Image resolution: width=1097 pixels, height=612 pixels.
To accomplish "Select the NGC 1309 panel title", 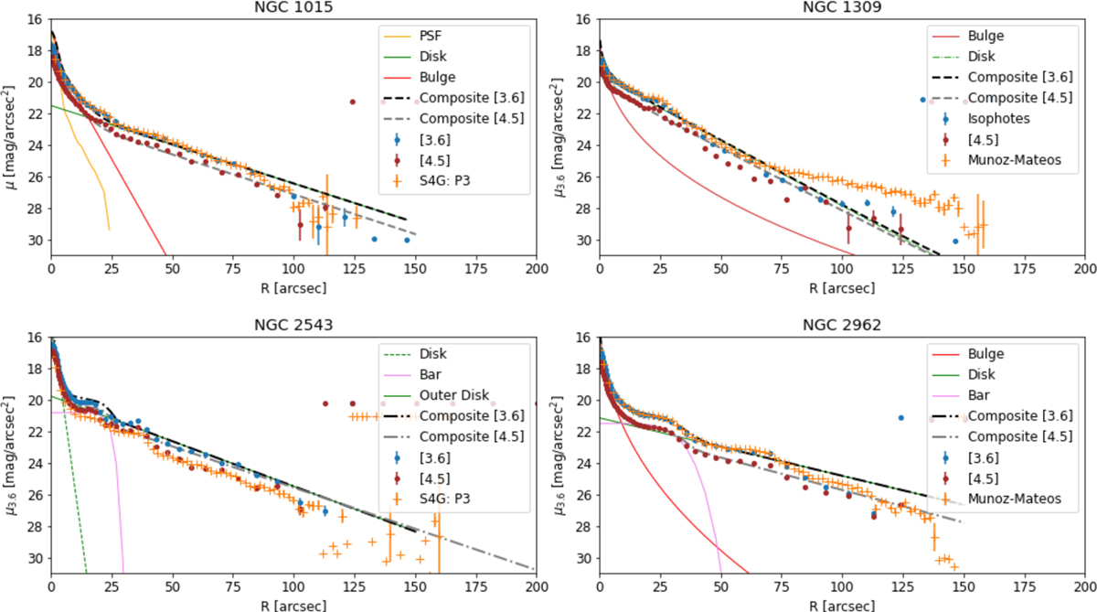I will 842,7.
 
